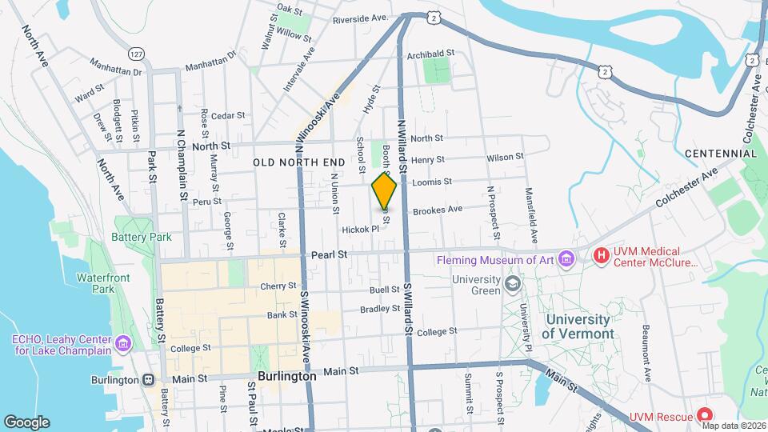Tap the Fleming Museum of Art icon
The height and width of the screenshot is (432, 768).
point(567,258)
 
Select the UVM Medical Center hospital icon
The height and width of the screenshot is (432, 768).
point(601,256)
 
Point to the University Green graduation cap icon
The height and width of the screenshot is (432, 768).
point(510,283)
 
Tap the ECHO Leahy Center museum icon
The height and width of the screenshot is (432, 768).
point(122,343)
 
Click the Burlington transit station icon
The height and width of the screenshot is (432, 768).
point(149,380)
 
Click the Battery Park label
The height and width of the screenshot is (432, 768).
point(142,237)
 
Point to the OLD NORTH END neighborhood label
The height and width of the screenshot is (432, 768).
point(299,162)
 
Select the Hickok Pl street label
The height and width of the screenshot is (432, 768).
point(360,229)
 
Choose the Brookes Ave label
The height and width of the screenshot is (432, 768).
point(438,210)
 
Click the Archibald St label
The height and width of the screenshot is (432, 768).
point(430,54)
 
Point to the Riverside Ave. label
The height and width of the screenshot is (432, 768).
point(361,18)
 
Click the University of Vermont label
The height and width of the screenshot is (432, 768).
point(580,325)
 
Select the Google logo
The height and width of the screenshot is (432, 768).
point(26,422)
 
